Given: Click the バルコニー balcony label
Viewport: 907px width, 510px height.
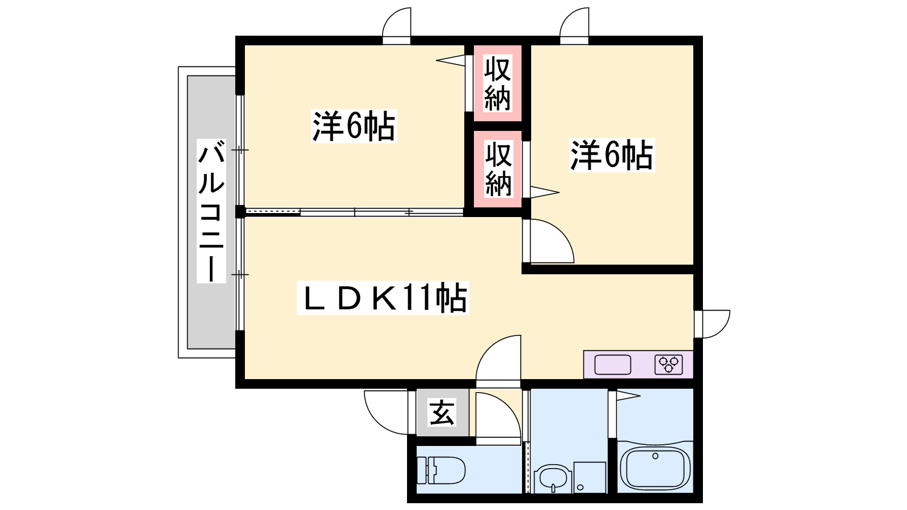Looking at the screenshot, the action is click(x=211, y=211).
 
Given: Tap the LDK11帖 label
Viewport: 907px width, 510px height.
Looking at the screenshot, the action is click(x=383, y=298).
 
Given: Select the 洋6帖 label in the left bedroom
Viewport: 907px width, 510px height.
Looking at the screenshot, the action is click(x=354, y=126).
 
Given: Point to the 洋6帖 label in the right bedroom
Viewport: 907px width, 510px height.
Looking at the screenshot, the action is click(x=612, y=155).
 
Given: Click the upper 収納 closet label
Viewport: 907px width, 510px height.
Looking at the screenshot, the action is click(x=498, y=83).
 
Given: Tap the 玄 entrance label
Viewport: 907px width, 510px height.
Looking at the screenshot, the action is click(x=442, y=413).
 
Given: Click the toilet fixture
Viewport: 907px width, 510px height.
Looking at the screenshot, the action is click(x=441, y=470).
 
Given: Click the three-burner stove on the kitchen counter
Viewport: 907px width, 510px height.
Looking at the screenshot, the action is click(x=668, y=364).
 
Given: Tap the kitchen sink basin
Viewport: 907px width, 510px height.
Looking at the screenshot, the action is click(x=613, y=364).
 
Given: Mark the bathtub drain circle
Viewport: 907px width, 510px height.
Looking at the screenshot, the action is click(x=655, y=456).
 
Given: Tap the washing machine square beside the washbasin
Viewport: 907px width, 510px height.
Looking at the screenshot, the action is click(x=590, y=478).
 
